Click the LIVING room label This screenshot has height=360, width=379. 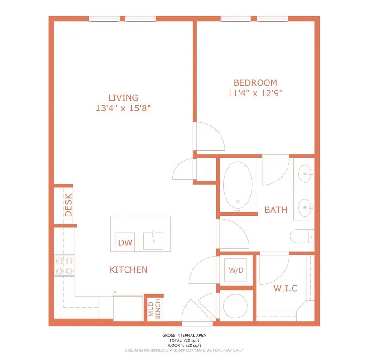coord(123,98)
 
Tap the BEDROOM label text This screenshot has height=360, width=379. coord(255,83)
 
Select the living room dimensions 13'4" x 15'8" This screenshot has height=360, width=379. coord(123,108)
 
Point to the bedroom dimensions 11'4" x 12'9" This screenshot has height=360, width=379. coord(255,93)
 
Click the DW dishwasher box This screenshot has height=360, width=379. coord(125,242)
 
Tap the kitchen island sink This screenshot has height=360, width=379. coord(153,240)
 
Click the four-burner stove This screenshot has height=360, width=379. coord(64,266)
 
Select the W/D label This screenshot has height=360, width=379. coord(236,270)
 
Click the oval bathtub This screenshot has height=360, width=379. coord(238,185)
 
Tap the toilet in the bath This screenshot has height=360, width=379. coord(302,236)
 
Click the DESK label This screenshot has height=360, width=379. coord(68,205)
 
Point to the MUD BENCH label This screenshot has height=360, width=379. coord(154,309)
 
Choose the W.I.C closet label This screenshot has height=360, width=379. coord(285,288)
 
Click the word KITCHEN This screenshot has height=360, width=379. coord(128,269)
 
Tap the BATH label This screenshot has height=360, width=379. coord(276,210)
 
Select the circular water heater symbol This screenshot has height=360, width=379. coord(235,306)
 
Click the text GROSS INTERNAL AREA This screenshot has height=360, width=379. coord(184,336)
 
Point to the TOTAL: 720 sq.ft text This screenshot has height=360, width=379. coord(184,341)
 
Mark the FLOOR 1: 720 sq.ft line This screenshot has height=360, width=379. coord(184,346)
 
